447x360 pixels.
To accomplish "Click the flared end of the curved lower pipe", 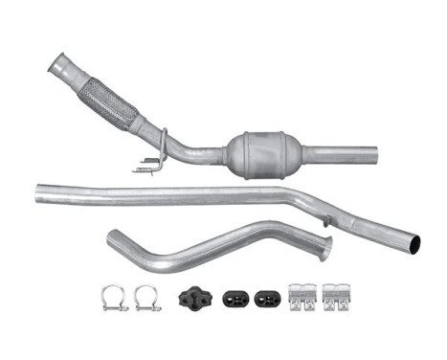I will tap(324, 247).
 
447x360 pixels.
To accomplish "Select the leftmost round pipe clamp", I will tap(114, 297).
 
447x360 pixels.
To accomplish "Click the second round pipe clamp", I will tap(147, 297).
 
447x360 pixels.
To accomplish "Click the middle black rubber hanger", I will tap(236, 298).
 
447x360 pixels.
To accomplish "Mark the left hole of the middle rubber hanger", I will tap(231, 298).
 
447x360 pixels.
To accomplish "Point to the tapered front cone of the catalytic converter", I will tap(232, 150).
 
